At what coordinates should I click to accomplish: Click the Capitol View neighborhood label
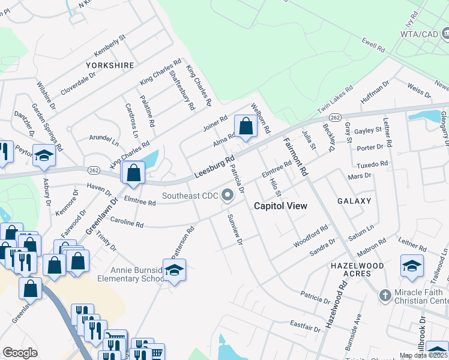click(280, 206)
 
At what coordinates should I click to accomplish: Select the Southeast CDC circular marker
click(228, 194)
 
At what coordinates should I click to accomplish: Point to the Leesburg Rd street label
click(214, 167)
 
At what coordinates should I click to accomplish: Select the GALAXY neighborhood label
click(354, 201)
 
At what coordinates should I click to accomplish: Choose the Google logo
click(20, 353)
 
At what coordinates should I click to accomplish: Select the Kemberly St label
click(109, 46)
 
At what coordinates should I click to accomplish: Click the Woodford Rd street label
click(311, 236)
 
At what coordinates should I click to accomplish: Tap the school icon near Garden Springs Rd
click(44, 155)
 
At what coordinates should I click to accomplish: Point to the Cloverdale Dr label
click(78, 85)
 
